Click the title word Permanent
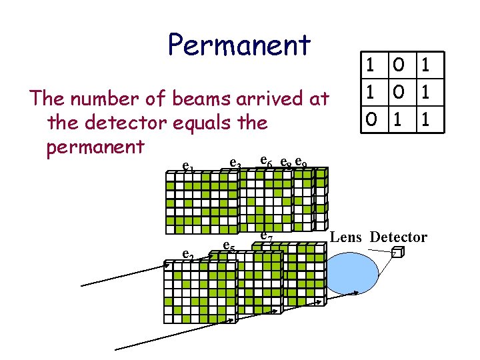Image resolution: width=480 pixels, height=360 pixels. click(239, 45)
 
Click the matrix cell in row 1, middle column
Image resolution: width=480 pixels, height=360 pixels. click(397, 66)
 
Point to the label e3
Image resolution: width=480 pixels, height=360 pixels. click(235, 162)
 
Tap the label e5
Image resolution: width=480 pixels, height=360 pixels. click(228, 245)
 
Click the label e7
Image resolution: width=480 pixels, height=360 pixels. click(265, 235)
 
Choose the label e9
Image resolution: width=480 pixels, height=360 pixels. click(301, 162)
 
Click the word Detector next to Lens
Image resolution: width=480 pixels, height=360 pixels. click(399, 237)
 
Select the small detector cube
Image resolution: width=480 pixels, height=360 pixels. click(397, 254)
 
